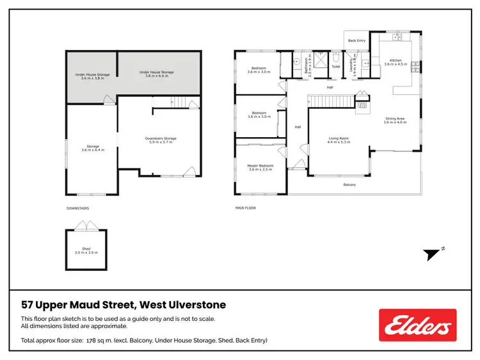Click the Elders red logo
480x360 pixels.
417,325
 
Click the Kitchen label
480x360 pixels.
394,62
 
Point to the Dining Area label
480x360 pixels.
394,120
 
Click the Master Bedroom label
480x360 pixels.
260,168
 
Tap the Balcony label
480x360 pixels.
349,185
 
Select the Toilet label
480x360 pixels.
335,65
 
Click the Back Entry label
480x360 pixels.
356,40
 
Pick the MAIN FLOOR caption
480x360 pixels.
246,208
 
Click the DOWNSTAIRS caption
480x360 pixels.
77,208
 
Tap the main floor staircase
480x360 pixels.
331,101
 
